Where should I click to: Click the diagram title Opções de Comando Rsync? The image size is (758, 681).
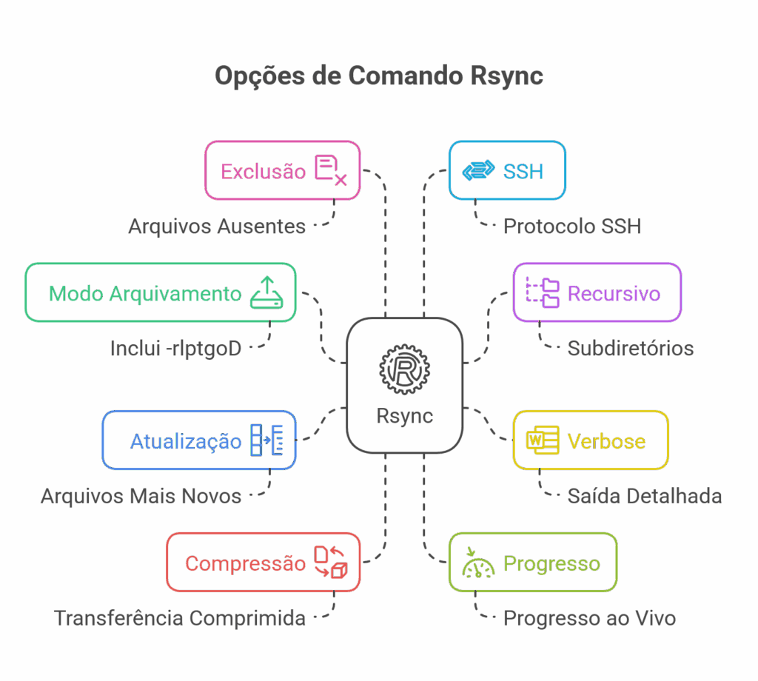point(378,76)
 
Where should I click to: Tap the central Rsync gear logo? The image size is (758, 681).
point(404,367)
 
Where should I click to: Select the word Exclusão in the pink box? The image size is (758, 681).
point(263,172)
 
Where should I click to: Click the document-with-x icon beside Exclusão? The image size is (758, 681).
point(330,170)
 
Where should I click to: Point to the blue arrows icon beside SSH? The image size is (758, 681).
point(478,171)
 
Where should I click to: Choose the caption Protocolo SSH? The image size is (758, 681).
point(571,226)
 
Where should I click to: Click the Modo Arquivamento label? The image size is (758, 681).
point(145,293)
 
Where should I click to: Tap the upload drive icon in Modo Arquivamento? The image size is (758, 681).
point(266,292)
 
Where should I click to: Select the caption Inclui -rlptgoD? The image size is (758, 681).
point(176,348)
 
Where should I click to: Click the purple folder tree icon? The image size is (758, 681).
point(543,292)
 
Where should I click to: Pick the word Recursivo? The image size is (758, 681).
point(614,293)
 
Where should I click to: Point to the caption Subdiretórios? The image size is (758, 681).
point(631,348)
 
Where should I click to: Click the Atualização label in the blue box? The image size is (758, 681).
point(186,441)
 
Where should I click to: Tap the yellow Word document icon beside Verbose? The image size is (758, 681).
point(542,440)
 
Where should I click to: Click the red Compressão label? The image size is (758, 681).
point(245,563)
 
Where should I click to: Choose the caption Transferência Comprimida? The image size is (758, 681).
point(180,618)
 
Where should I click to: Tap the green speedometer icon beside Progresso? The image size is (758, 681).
point(478,563)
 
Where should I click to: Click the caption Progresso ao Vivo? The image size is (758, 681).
point(589,618)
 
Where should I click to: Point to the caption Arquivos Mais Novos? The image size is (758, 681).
point(141,496)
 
